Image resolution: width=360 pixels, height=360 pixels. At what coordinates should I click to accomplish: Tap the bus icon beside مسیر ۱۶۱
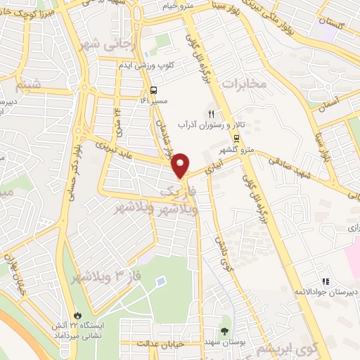point(153,90)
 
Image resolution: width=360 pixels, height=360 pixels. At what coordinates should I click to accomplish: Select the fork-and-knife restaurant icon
point(210,113)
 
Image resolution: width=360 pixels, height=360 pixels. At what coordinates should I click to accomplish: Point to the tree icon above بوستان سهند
point(224,330)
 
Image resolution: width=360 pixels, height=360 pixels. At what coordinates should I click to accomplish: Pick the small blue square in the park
point(160,282)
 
